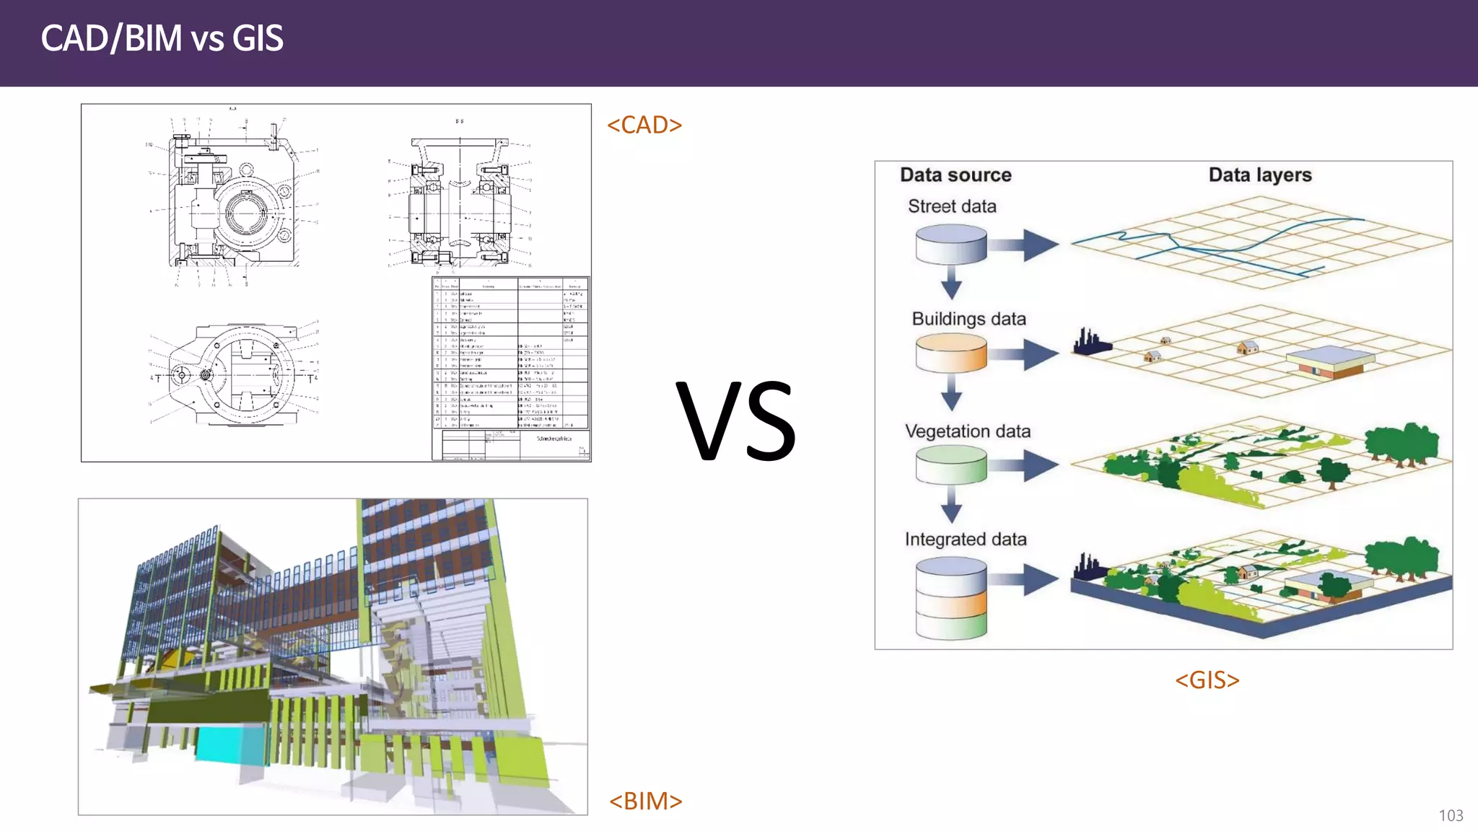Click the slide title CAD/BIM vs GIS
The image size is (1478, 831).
coord(162,38)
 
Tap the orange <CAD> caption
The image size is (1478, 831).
coord(644,125)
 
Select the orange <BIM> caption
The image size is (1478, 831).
coord(645,801)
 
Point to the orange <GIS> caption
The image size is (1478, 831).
coord(1207,680)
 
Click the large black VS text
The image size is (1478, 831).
coord(735,421)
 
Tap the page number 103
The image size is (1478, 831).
coord(1451,815)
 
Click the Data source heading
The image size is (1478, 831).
coord(956,175)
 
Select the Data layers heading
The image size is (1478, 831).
coord(1259,175)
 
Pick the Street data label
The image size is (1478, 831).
coord(952,206)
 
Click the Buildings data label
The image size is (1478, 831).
coord(968,319)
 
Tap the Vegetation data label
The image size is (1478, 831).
coord(968,431)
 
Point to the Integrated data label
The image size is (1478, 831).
coord(966,540)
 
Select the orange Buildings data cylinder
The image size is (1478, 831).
coord(950,353)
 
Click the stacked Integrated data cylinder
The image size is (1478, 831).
coord(950,598)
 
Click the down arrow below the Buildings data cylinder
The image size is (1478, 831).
coord(951,394)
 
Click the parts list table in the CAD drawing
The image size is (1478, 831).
coord(511,353)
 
